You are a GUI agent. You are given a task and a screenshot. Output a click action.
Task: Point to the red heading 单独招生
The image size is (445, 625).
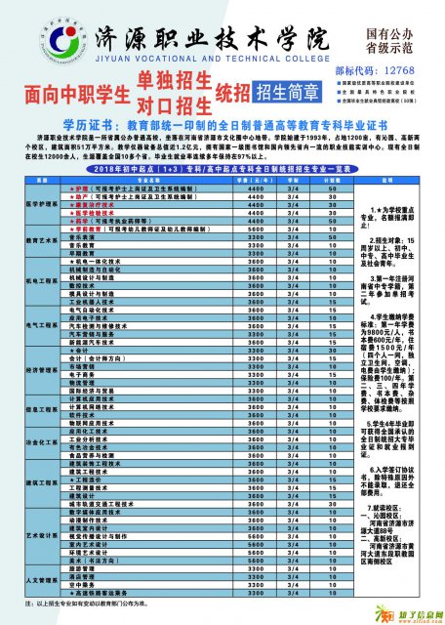(176, 80)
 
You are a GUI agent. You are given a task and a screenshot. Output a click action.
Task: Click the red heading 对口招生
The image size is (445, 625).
(176, 103)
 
